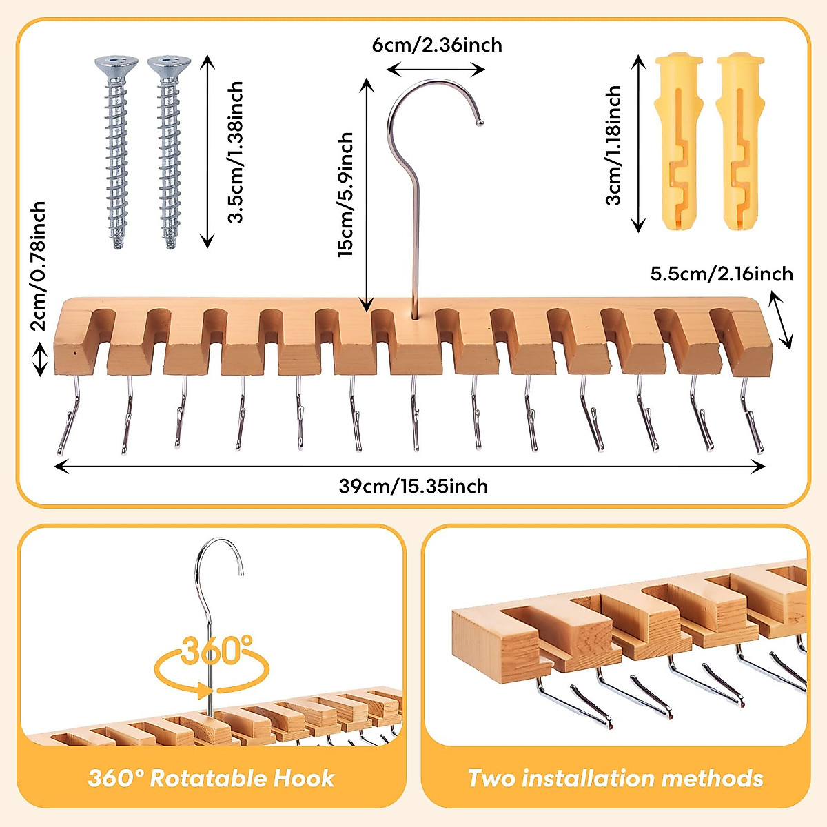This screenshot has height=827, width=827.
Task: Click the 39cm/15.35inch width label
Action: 413,487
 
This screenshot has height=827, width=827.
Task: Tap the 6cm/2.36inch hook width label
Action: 437,45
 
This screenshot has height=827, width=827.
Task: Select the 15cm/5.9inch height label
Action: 345,195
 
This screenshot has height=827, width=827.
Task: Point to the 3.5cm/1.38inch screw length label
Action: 236,152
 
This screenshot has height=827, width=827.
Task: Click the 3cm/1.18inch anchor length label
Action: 613,145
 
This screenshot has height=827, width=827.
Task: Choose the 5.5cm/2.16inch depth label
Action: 722,274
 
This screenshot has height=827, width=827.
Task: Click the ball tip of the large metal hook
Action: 480,123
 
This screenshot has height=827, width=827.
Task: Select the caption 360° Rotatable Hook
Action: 211,779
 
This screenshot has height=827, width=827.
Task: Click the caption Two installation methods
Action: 615,779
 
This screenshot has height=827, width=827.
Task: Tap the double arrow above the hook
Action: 436,69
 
